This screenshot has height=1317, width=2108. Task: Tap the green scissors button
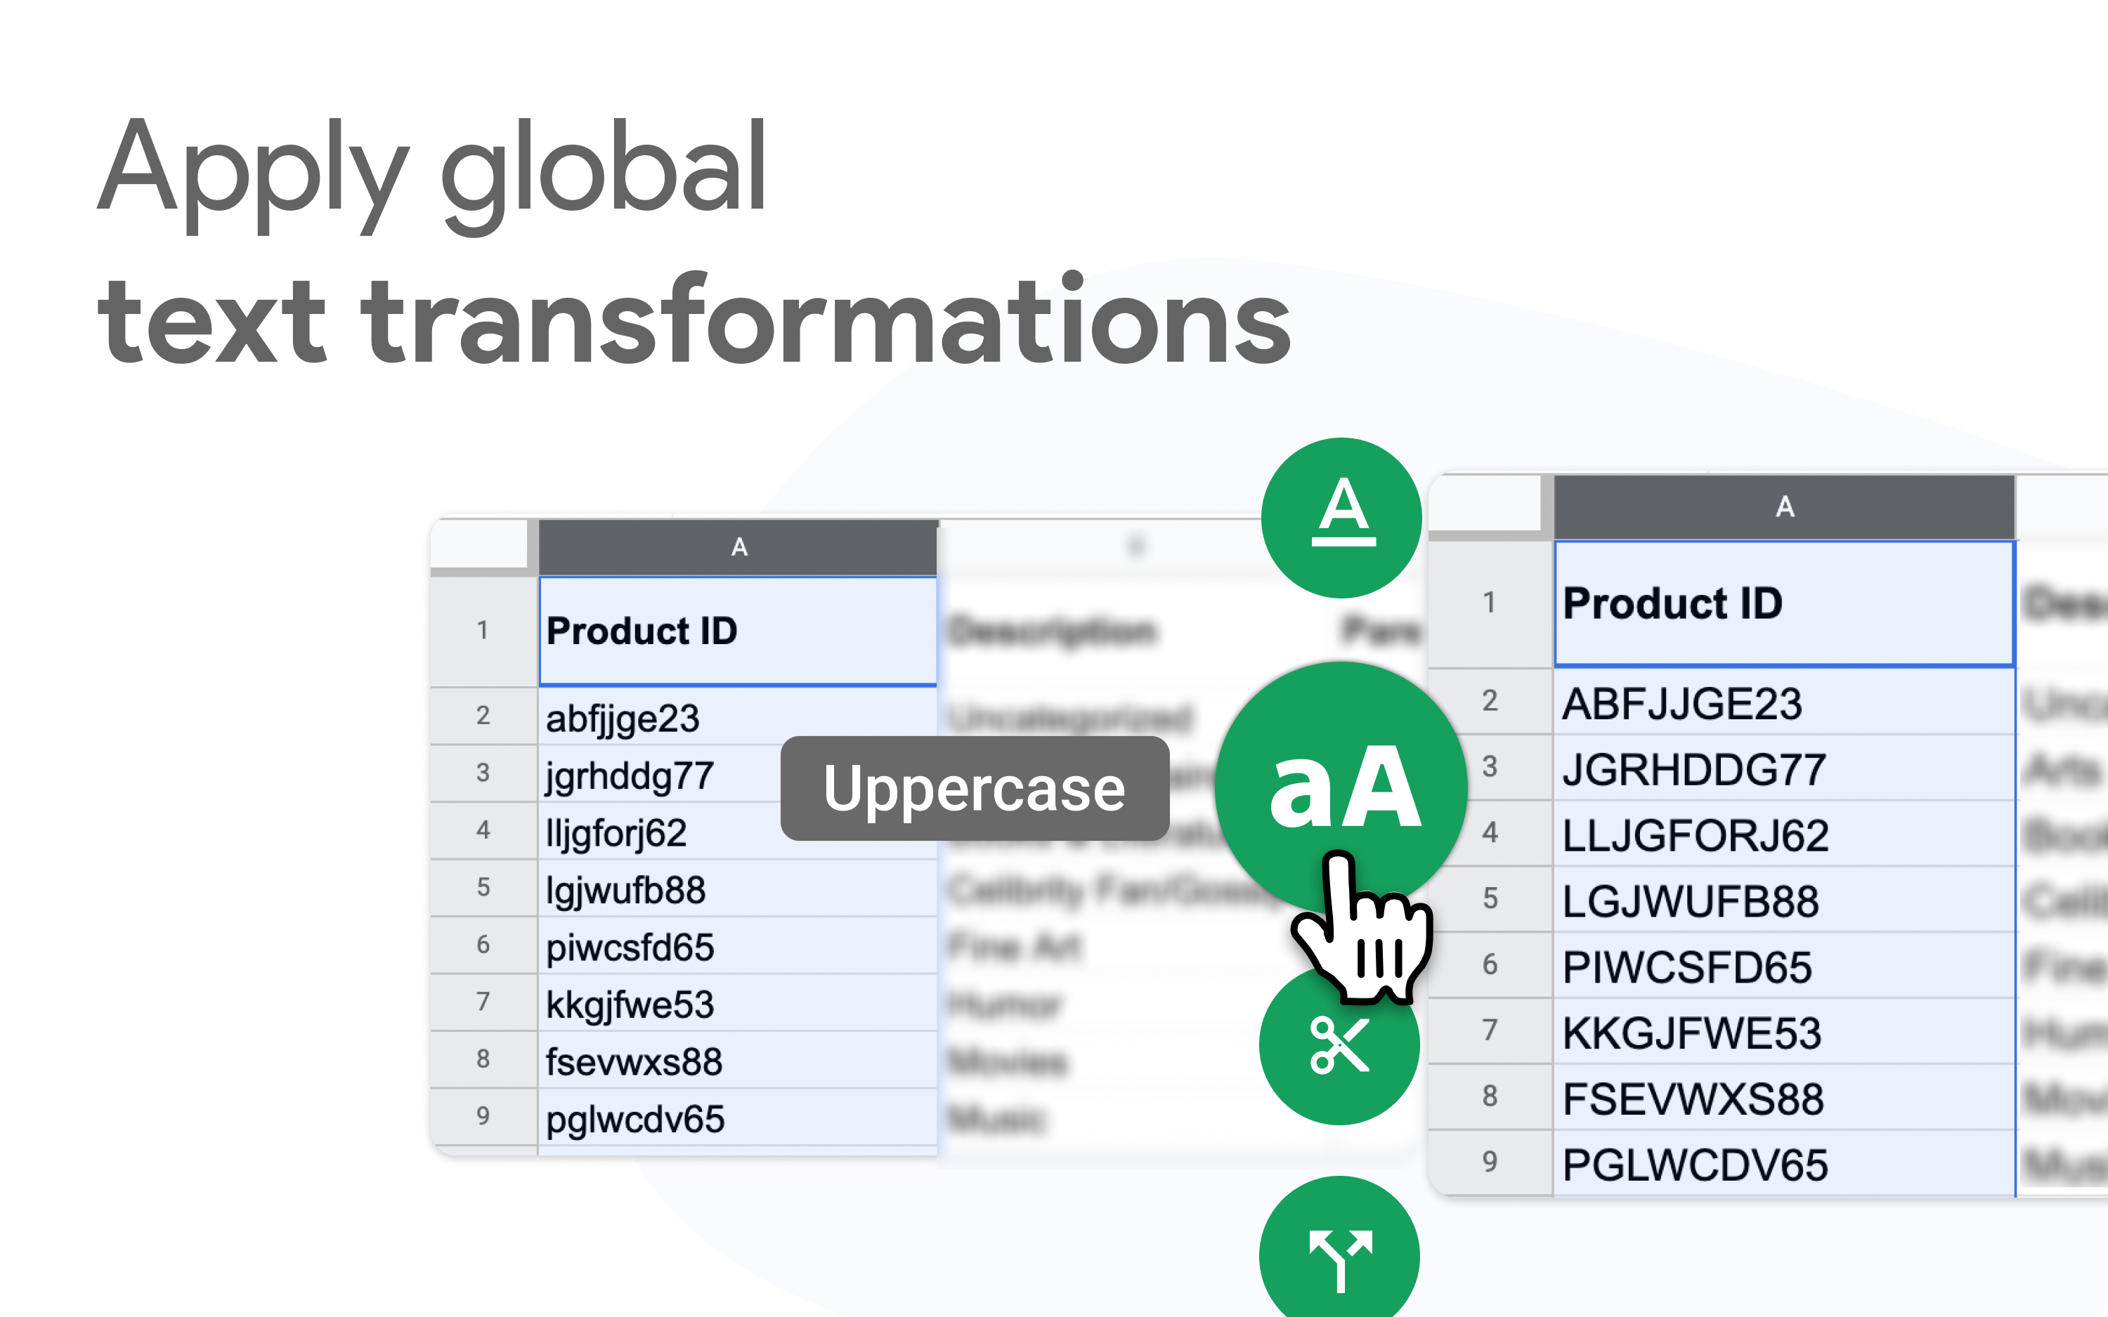[1339, 1045]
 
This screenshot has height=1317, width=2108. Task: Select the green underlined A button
[1342, 518]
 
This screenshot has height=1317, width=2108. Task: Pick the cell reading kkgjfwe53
[630, 1005]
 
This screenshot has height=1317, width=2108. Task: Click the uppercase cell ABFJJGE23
[1681, 704]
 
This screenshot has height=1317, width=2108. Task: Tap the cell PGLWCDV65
[1694, 1165]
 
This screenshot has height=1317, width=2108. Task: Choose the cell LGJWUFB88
[1690, 901]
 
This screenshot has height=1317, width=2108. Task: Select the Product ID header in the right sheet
[1672, 603]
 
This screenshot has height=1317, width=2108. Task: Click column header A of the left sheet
[739, 547]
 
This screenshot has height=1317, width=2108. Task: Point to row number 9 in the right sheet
[1490, 1162]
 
